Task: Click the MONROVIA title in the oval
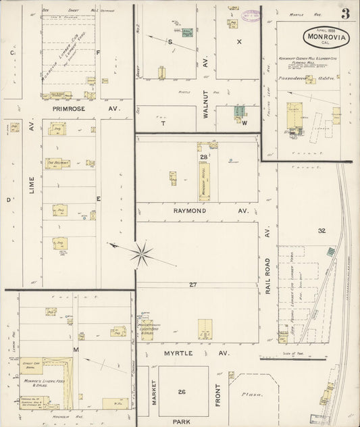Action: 326,36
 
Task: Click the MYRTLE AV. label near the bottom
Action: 197,353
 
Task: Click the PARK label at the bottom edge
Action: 181,421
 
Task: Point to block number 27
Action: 193,284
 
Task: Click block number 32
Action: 322,231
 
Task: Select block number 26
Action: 182,392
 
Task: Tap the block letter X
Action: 238,41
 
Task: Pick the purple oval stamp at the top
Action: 251,15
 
